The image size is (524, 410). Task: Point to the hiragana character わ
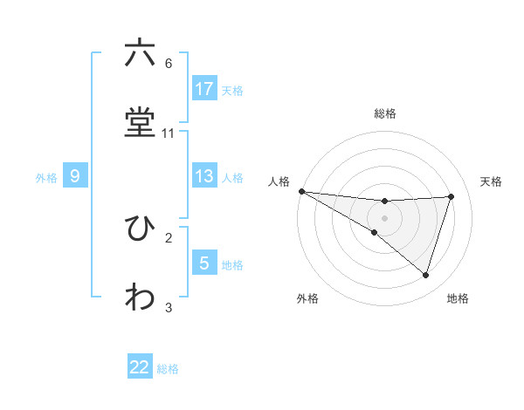[x=140, y=297]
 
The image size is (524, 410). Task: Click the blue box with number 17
[x=204, y=89]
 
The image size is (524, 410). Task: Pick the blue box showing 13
[x=204, y=176]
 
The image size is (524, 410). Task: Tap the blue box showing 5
[x=204, y=263]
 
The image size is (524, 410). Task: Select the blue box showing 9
[x=75, y=176]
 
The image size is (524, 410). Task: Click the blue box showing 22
[x=140, y=367]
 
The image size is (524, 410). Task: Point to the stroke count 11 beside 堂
[x=169, y=133]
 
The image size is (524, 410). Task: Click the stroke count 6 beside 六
[x=169, y=64]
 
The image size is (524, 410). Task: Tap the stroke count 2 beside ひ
[x=169, y=236]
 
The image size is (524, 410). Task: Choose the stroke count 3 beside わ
[x=169, y=307]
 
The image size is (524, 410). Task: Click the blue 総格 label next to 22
[x=168, y=369]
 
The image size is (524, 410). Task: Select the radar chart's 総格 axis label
[x=385, y=113]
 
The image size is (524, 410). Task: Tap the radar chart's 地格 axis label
[x=458, y=298]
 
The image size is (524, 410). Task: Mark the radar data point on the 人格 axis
[x=301, y=190]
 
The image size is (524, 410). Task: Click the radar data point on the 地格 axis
[x=425, y=276]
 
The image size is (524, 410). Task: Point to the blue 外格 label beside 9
[x=46, y=178]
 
